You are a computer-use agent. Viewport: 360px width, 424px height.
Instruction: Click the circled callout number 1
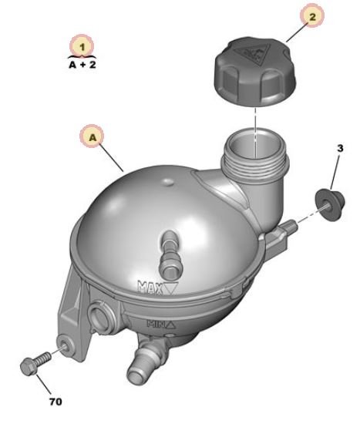[82, 47]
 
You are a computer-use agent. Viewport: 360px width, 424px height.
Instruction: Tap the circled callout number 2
[312, 17]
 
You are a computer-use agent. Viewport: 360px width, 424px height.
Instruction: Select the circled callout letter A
[93, 138]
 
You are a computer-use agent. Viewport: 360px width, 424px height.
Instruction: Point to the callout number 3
[340, 148]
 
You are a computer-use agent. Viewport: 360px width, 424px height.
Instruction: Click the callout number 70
[56, 402]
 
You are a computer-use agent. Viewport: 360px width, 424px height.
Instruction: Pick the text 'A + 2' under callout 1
[82, 65]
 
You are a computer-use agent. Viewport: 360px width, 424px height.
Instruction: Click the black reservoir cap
[255, 72]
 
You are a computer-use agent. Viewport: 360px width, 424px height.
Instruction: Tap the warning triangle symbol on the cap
[253, 53]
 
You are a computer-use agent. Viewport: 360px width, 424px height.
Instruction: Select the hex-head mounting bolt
[35, 363]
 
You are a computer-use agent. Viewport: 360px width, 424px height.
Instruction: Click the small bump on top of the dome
[168, 182]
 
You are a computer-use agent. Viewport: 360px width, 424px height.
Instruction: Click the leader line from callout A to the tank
[112, 157]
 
